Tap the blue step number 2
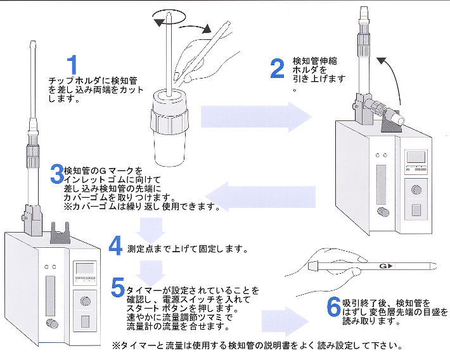coord(277,68)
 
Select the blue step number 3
coord(56,173)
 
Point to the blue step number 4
coord(115,245)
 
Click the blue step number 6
coord(333,307)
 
